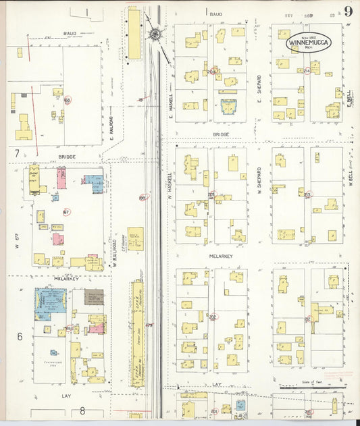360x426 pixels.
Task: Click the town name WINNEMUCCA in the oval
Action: pyautogui.click(x=307, y=41)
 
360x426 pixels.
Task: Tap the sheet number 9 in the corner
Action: pyautogui.click(x=347, y=11)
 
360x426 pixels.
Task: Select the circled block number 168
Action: pyautogui.click(x=67, y=100)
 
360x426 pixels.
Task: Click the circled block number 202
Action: pyautogui.click(x=213, y=317)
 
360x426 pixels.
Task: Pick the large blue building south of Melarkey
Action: pyautogui.click(x=50, y=299)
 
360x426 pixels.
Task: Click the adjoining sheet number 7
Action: pyautogui.click(x=16, y=153)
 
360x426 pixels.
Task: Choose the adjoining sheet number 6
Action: pyautogui.click(x=20, y=336)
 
